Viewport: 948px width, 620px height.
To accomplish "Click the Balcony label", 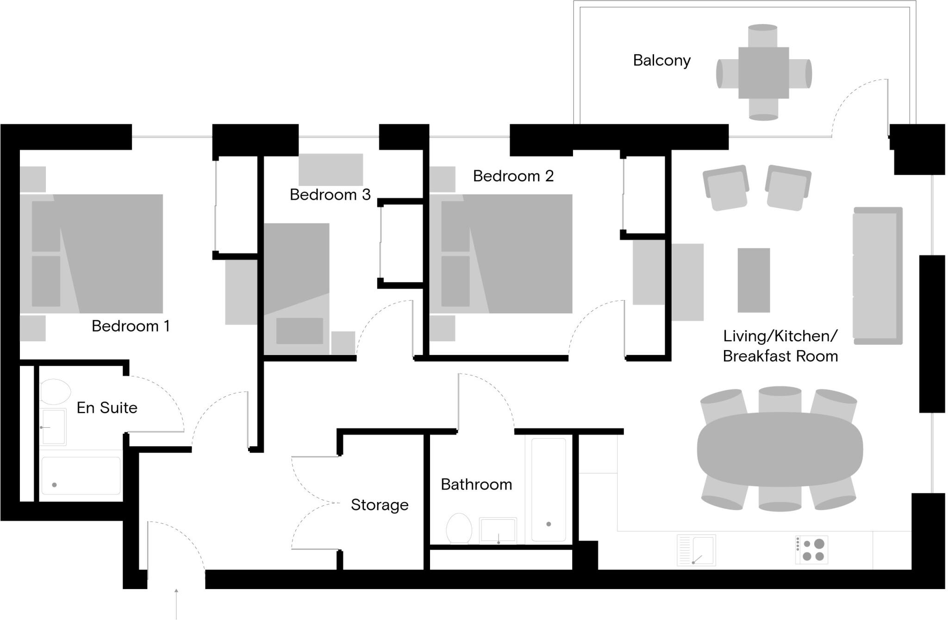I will tap(661, 61).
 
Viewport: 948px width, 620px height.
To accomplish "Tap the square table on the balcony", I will tap(763, 73).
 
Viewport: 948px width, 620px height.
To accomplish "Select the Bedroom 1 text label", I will tap(131, 326).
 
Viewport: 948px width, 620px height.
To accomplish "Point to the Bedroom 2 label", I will tap(513, 176).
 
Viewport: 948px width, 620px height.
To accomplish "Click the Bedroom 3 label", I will tap(330, 195).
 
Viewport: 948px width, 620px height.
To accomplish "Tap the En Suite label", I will tap(107, 408).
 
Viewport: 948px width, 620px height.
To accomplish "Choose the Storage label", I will tap(380, 505).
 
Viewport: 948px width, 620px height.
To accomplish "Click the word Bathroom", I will tap(476, 485).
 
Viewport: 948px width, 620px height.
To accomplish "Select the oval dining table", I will tap(780, 449).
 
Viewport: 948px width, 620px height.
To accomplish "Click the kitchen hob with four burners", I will tap(811, 550).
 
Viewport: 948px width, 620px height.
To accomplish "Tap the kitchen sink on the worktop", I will tap(696, 550).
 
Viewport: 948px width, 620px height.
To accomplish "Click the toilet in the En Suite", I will tap(55, 392).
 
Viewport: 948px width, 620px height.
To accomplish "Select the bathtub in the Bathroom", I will tap(549, 490).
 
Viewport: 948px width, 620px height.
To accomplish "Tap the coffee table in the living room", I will tap(754, 280).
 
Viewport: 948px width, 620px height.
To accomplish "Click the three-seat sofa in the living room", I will tap(878, 276).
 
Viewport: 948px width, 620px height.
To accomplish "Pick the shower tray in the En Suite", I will tap(81, 476).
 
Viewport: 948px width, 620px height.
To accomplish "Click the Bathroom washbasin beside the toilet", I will tap(498, 530).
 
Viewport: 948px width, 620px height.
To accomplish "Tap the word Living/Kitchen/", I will tap(780, 336).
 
